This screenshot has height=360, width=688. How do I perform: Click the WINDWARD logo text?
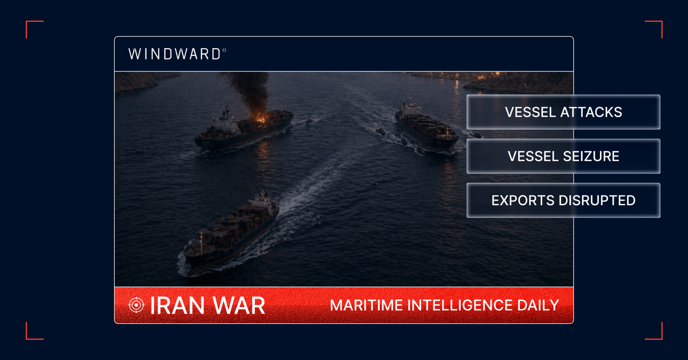tap(175, 54)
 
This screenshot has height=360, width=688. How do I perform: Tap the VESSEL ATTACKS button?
tap(563, 112)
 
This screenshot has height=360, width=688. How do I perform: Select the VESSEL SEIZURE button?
tap(563, 156)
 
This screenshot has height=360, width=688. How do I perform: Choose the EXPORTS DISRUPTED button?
tap(563, 200)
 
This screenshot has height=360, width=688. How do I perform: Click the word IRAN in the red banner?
tap(177, 306)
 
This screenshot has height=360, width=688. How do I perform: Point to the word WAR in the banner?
tap(239, 306)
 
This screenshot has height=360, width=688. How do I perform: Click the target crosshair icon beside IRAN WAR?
tap(136, 305)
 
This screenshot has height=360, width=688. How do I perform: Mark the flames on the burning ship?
tap(259, 117)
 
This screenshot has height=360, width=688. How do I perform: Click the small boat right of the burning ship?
tap(309, 121)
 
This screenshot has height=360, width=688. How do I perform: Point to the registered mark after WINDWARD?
tap(224, 50)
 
